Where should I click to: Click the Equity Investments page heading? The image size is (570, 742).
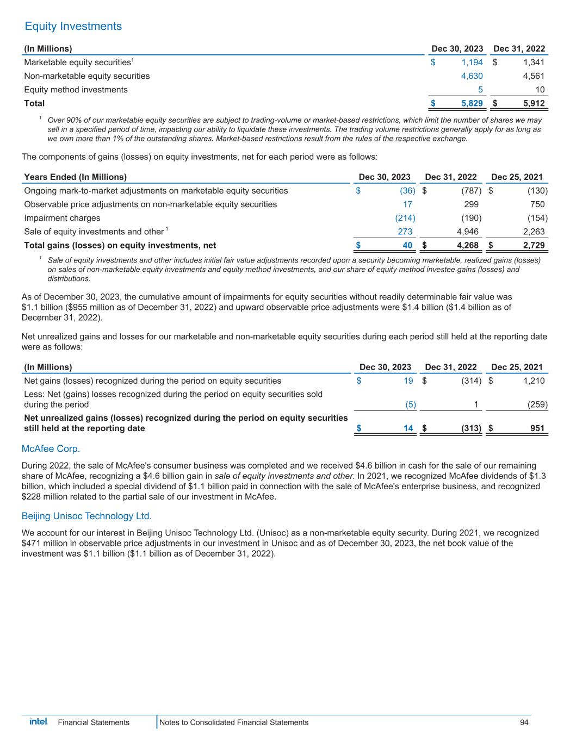click(73, 26)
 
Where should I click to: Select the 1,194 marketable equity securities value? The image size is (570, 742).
click(472, 63)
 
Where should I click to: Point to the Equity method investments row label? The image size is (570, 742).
click(76, 90)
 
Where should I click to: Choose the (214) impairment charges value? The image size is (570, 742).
click(405, 218)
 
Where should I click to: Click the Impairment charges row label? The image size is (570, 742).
click(63, 218)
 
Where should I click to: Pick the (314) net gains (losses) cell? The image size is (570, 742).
click(471, 381)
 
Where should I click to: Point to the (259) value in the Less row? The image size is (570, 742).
click(537, 404)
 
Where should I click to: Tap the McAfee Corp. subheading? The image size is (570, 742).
click(51, 449)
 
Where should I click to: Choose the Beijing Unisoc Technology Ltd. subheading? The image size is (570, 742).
click(86, 515)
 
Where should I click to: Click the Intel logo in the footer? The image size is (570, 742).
click(38, 722)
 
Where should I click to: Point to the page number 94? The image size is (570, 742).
click(524, 722)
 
